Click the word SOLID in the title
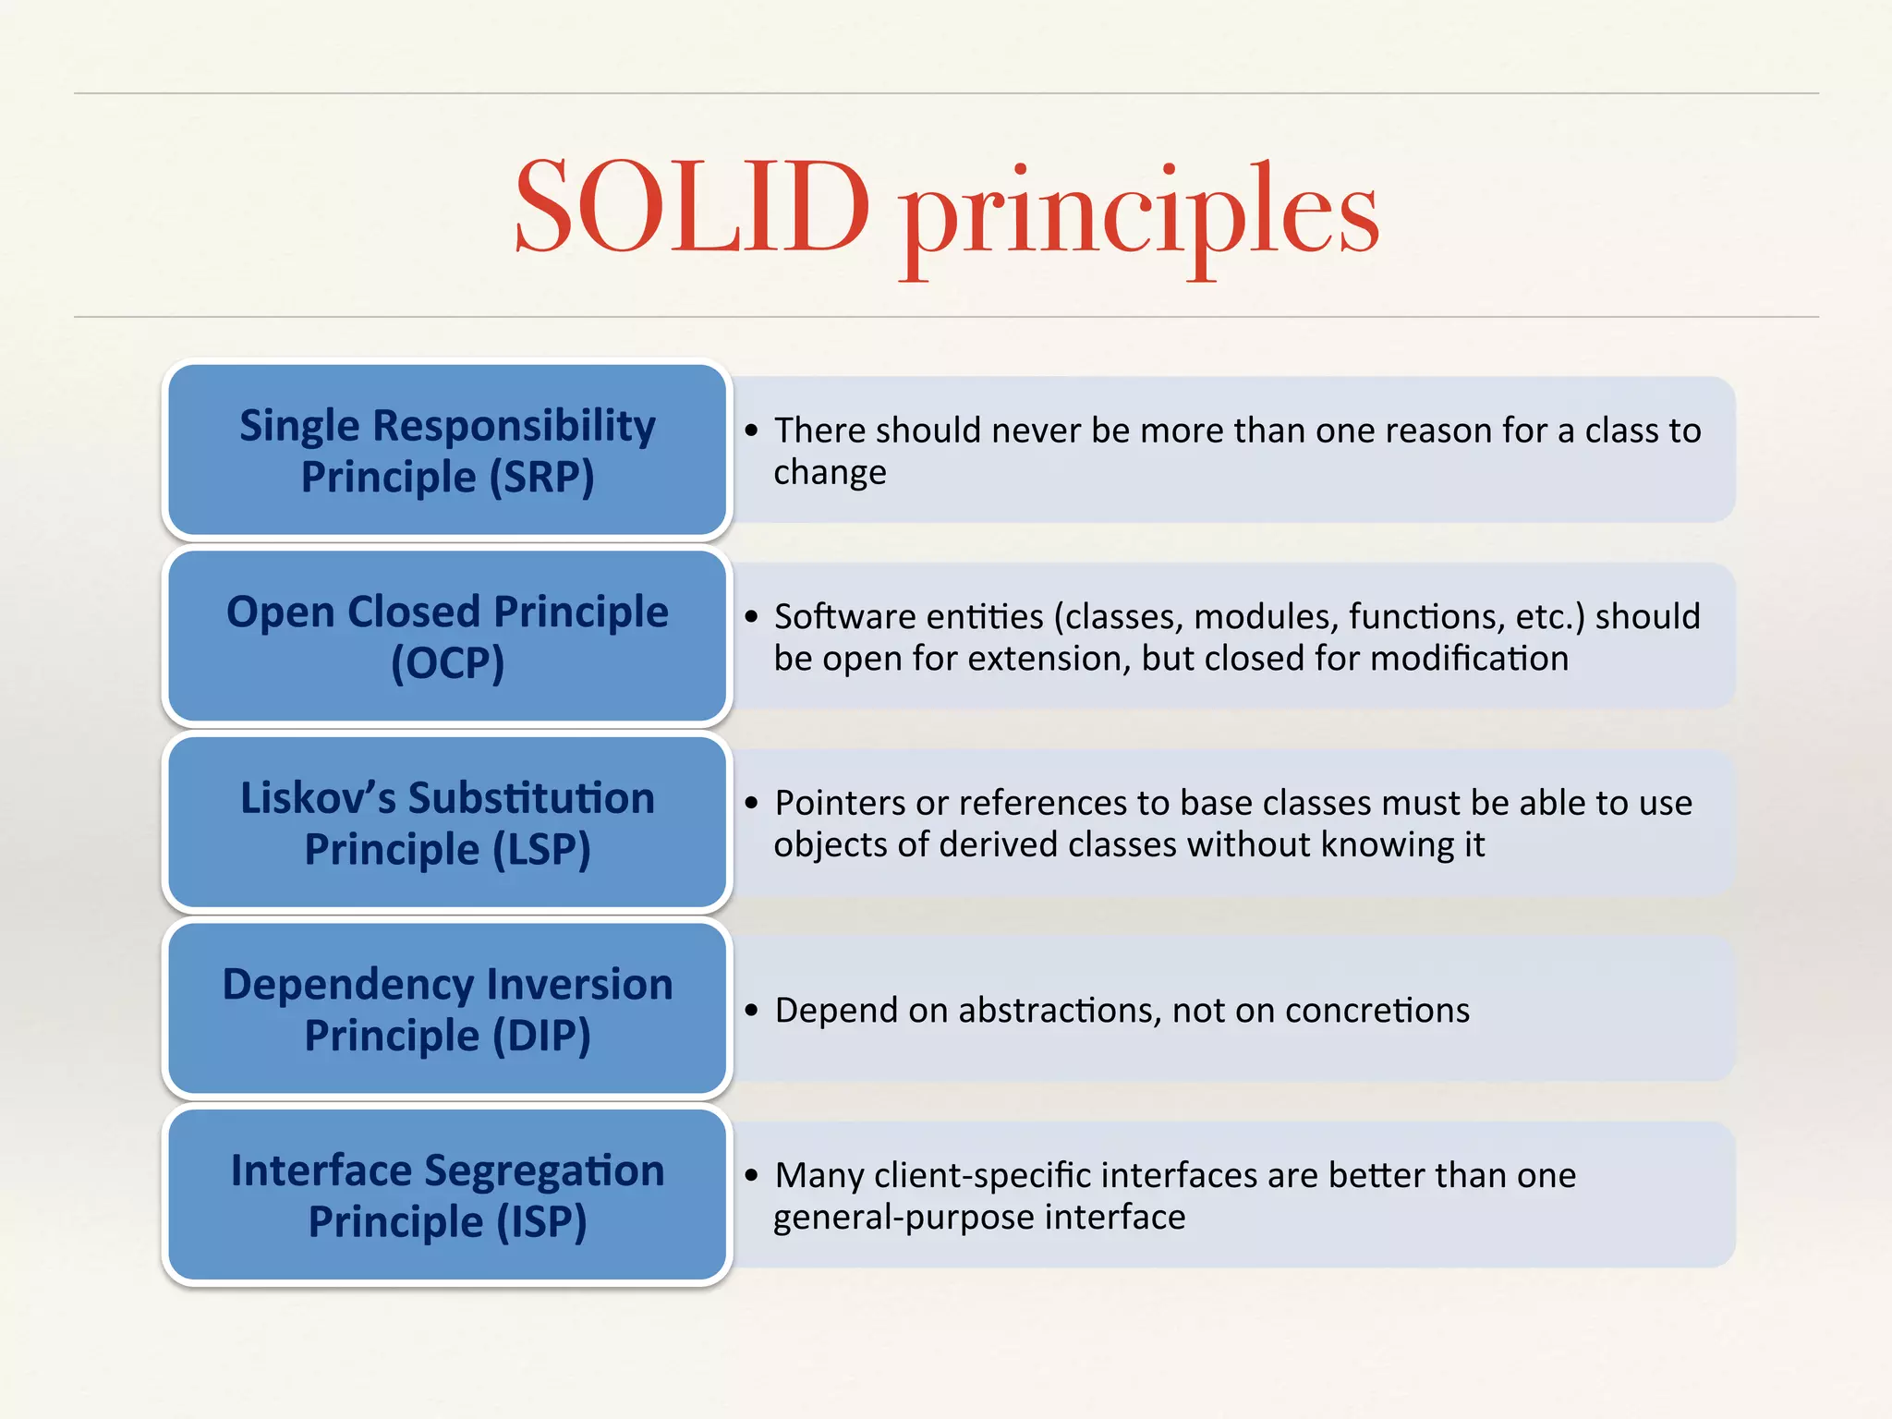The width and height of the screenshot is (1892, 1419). tap(691, 208)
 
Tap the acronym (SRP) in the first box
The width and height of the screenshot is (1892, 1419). tap(541, 478)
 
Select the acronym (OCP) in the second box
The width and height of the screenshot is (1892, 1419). tap(447, 663)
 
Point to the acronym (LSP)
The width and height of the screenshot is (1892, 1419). tap(541, 850)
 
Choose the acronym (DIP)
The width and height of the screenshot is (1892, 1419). tap(541, 1036)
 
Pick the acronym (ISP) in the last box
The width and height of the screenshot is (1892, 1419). tap(541, 1221)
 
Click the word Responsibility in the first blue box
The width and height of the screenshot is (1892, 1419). tap(514, 427)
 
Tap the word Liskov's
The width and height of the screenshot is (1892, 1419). tap(318, 798)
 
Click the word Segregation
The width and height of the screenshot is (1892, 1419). tap(544, 1171)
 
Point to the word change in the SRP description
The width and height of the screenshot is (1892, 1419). tap(830, 473)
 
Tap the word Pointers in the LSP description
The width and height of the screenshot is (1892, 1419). tap(840, 803)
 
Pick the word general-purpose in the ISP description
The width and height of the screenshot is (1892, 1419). tap(904, 1218)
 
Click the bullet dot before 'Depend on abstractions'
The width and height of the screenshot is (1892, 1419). tap(751, 1011)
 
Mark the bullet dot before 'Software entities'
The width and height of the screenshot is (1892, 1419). tap(751, 617)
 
